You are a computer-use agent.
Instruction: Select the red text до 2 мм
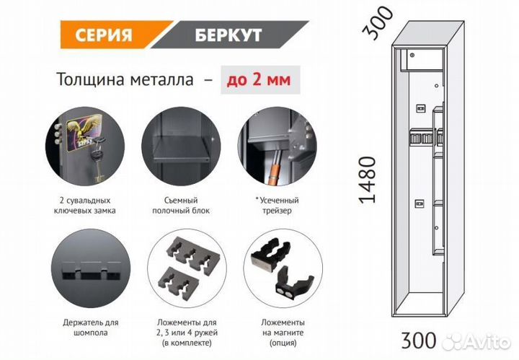(256, 80)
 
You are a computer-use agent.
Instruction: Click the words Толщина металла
(124, 80)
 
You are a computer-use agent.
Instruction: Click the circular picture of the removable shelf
(175, 148)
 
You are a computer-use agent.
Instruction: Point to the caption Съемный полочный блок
(175, 205)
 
